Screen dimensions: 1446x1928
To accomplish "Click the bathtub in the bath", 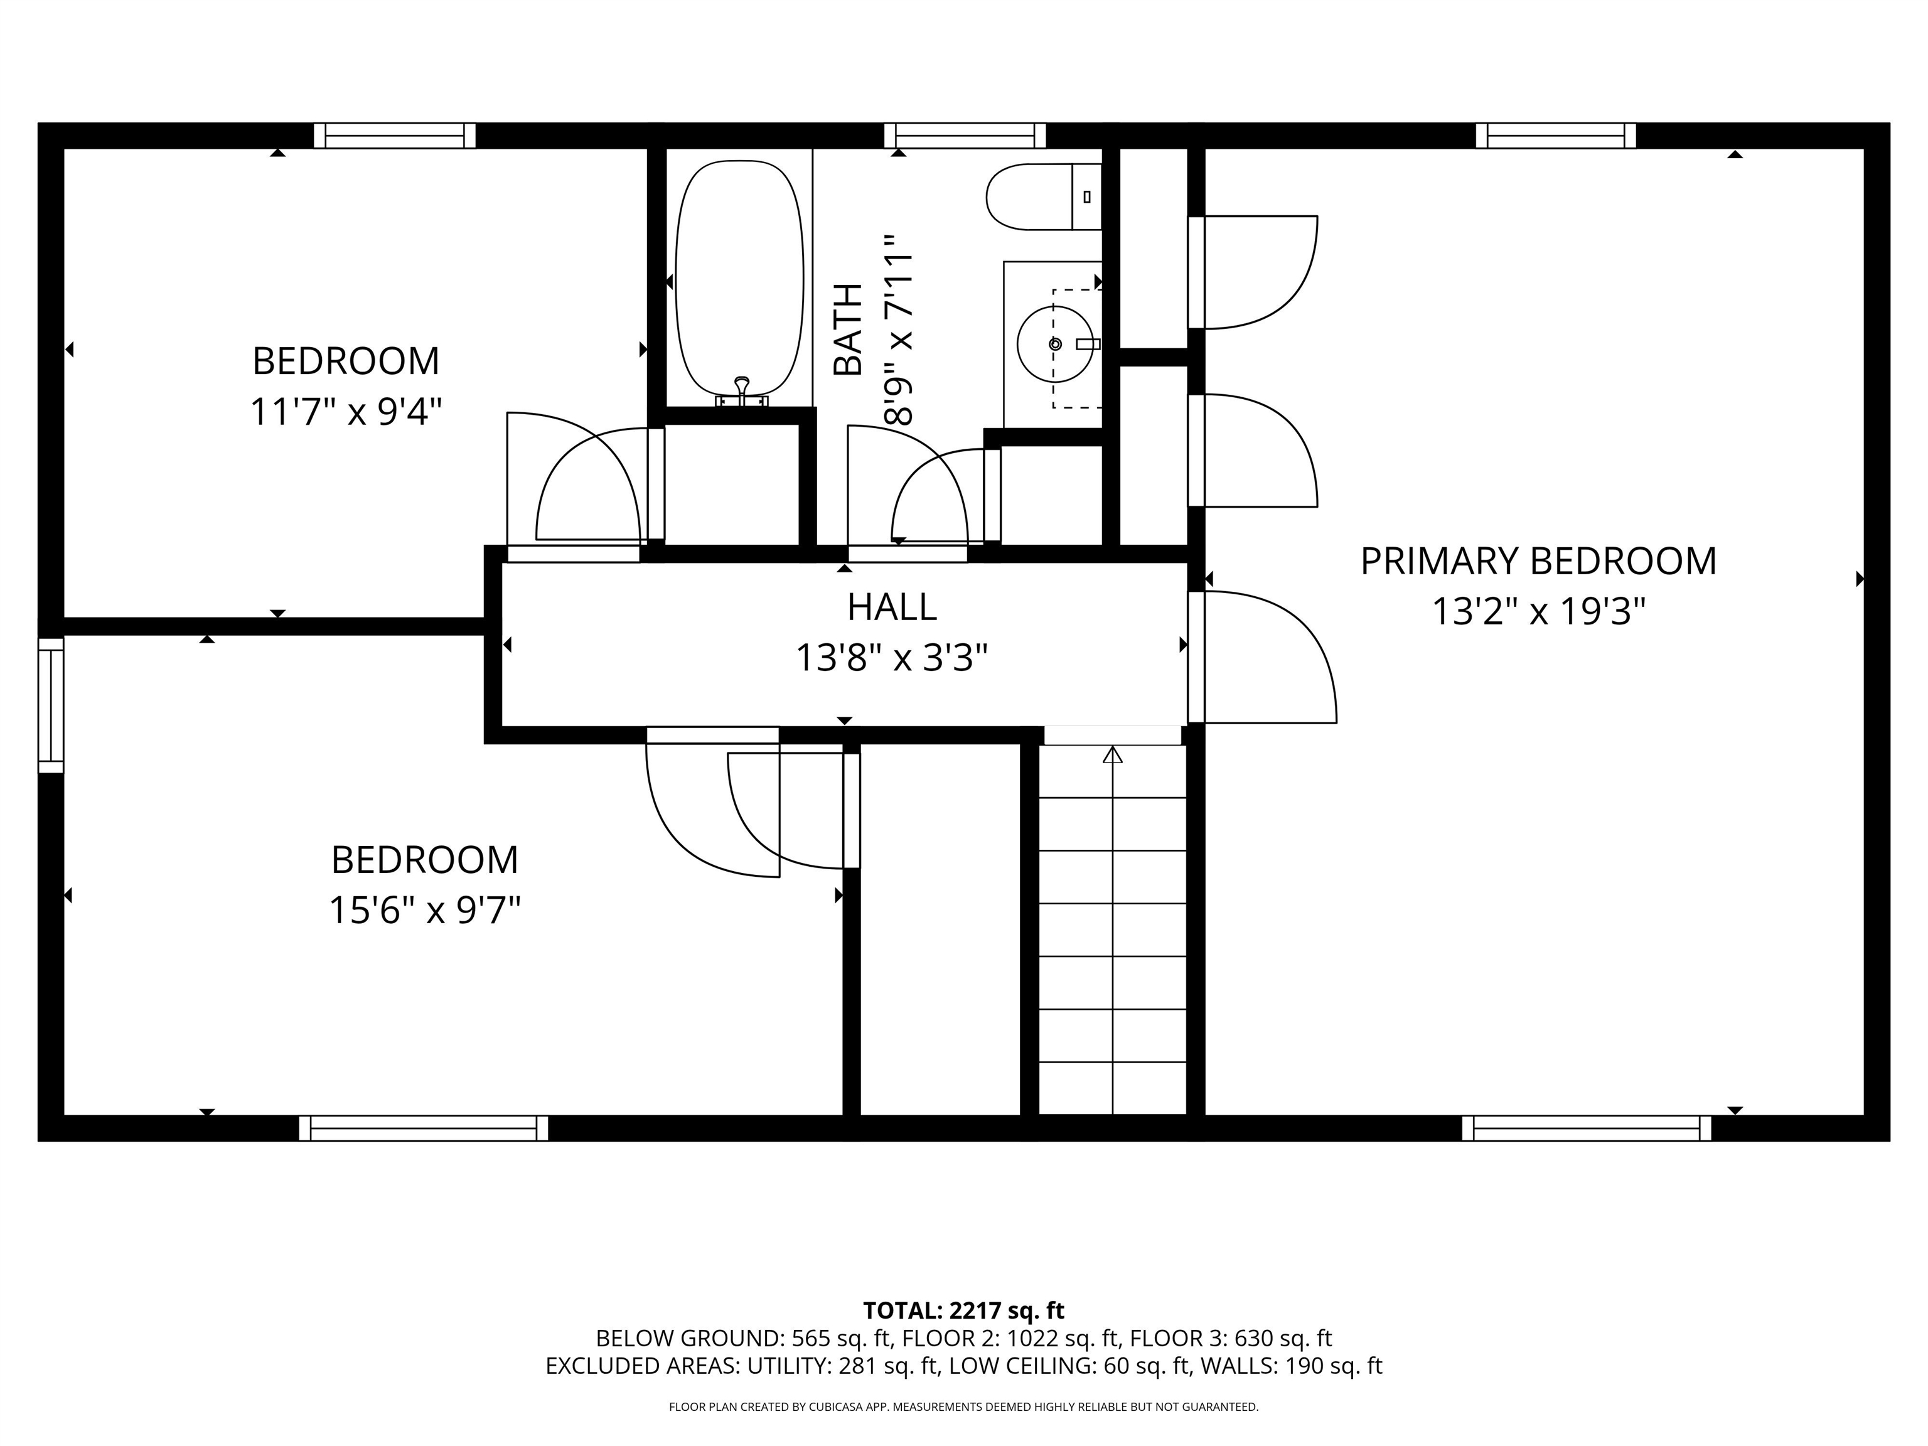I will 739,277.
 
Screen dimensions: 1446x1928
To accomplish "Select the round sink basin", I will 1054,345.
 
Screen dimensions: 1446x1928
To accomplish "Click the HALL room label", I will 892,608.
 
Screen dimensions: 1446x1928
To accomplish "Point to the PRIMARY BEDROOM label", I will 1538,561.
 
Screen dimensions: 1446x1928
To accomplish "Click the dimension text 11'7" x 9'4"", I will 346,412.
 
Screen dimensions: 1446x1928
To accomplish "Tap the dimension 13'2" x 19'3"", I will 1538,612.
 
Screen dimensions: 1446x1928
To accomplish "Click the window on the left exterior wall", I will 51,705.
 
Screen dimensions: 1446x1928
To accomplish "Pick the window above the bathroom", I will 964,136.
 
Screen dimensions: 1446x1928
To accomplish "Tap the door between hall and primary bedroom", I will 1196,658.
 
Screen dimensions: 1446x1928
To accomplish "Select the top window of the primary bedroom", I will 1555,136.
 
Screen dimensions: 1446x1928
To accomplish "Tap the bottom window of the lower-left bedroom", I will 424,1128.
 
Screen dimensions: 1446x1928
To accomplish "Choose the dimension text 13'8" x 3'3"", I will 892,658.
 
